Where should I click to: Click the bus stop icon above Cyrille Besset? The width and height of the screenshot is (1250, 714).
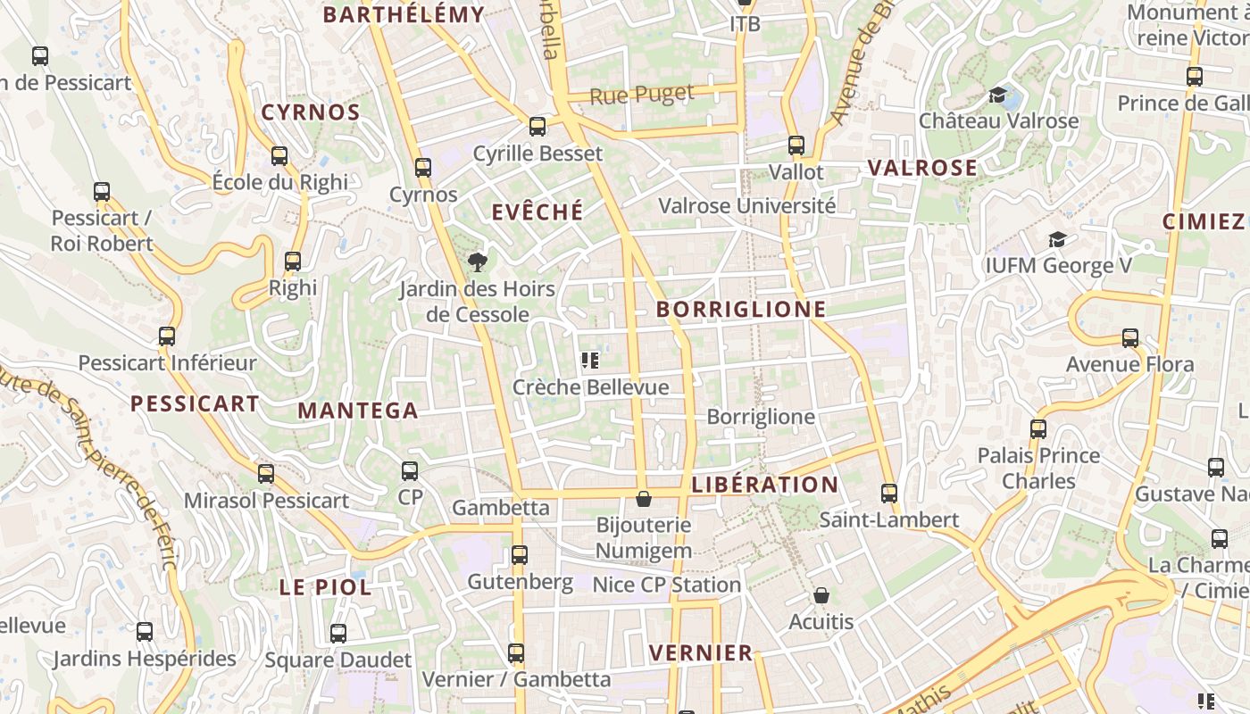[537, 127]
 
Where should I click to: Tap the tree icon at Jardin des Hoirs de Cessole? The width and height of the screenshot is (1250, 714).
[478, 262]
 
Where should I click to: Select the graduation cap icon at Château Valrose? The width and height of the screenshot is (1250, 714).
[998, 95]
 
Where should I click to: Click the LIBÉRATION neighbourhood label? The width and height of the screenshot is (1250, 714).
[765, 485]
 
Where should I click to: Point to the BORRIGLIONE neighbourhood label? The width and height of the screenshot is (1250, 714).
[741, 309]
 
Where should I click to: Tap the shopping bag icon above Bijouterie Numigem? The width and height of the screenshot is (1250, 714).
[643, 499]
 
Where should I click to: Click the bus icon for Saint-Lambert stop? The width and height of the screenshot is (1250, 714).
[888, 493]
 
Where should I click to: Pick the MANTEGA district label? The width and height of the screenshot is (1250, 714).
[358, 411]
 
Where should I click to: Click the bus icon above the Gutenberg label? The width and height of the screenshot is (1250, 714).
[520, 555]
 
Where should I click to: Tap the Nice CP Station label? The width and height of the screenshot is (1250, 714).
[667, 585]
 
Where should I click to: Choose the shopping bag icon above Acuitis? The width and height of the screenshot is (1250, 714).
[821, 594]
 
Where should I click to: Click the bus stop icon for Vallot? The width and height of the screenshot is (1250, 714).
[796, 145]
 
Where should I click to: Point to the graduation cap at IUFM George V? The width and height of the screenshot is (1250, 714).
[1058, 239]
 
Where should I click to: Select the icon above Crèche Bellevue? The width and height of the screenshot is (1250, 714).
[589, 361]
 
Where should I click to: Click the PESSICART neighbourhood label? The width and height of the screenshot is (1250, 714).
[195, 403]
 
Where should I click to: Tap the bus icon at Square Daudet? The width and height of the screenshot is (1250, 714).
[337, 634]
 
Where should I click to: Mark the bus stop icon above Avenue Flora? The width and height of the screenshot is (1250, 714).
[1130, 337]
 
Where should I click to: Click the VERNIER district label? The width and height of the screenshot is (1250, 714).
[701, 652]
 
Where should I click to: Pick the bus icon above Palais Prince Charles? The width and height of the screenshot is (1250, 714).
[1038, 428]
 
